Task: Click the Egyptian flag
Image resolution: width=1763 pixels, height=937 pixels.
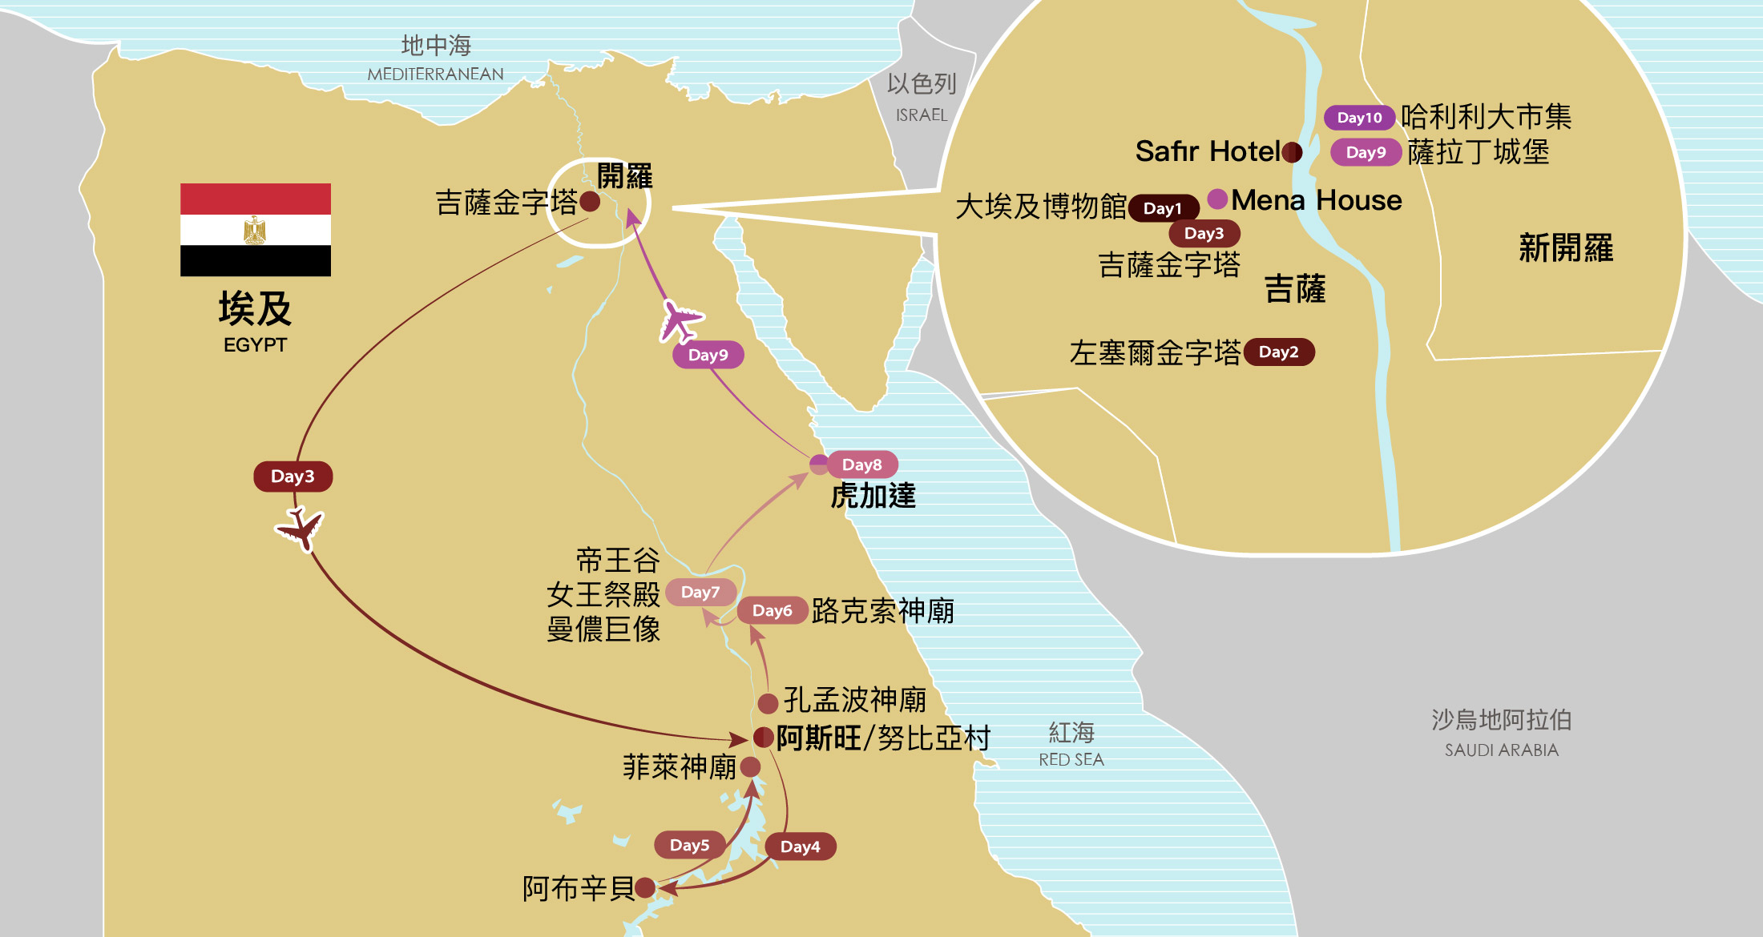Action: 255,230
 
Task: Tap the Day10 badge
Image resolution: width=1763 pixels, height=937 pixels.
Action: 1359,118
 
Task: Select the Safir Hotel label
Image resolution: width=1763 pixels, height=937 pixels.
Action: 1208,151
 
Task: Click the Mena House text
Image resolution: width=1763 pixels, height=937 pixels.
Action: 1317,200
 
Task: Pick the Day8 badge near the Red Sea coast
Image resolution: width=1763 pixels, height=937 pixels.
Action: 861,464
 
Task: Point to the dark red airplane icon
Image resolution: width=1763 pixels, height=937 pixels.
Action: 301,529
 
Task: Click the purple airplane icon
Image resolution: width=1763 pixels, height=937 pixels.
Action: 680,320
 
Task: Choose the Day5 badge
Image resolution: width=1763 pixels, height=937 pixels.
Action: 689,845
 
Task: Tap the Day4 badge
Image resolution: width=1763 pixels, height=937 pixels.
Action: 800,847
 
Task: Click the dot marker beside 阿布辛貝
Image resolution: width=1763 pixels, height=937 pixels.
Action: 645,887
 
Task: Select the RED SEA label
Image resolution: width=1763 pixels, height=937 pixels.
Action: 1071,759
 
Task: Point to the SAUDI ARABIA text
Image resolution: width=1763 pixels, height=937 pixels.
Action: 1501,750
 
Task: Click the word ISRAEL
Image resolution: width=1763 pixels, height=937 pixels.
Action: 922,115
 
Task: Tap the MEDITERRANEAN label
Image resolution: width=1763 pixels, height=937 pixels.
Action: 435,74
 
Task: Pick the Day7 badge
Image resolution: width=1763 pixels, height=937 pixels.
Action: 700,592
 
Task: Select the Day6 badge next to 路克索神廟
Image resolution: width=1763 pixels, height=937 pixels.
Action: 772,610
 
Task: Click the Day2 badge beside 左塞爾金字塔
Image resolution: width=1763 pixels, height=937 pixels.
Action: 1278,352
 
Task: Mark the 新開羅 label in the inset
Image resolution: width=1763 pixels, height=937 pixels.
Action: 1565,248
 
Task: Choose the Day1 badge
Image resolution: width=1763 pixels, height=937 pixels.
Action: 1163,208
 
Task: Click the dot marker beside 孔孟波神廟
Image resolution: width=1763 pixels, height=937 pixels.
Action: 768,703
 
